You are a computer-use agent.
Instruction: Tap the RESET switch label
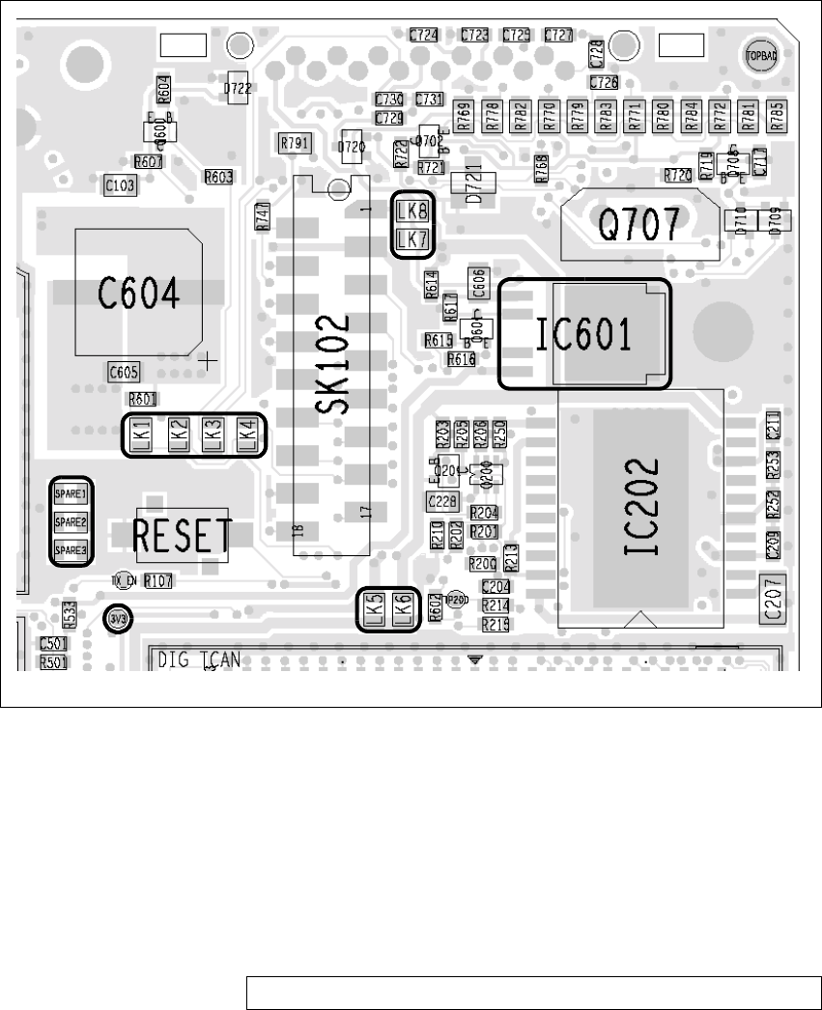[x=183, y=535]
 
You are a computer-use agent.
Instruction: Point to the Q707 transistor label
[x=643, y=226]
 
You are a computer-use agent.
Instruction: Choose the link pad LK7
[x=412, y=238]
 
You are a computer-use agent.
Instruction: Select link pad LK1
[x=141, y=435]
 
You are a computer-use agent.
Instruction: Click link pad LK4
[x=247, y=435]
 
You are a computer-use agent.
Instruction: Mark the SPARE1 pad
[x=71, y=494]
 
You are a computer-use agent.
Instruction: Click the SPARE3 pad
[x=71, y=550]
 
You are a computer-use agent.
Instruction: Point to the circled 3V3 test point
[x=118, y=617]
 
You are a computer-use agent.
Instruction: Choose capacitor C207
[x=773, y=599]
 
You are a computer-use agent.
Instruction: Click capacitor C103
[x=120, y=185]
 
